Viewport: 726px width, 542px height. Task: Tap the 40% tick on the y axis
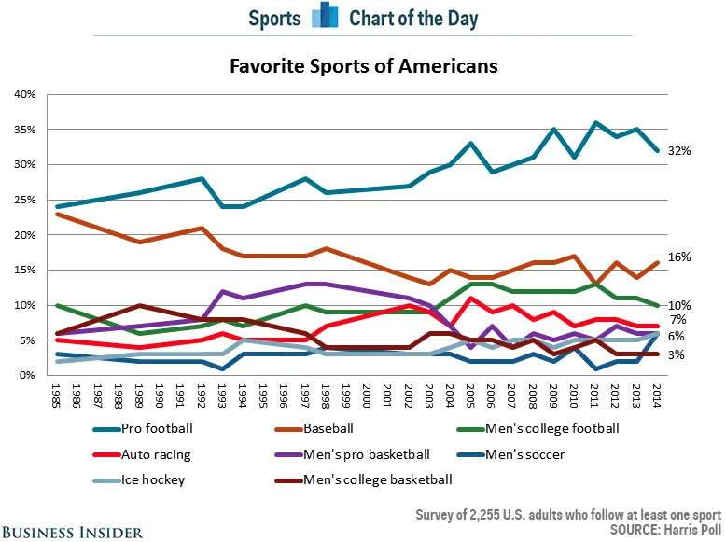(24, 94)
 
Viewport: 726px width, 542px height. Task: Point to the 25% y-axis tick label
(24, 200)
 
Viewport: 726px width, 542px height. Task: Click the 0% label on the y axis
(27, 375)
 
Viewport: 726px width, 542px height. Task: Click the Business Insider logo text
(73, 531)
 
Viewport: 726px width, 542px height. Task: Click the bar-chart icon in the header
(325, 17)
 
